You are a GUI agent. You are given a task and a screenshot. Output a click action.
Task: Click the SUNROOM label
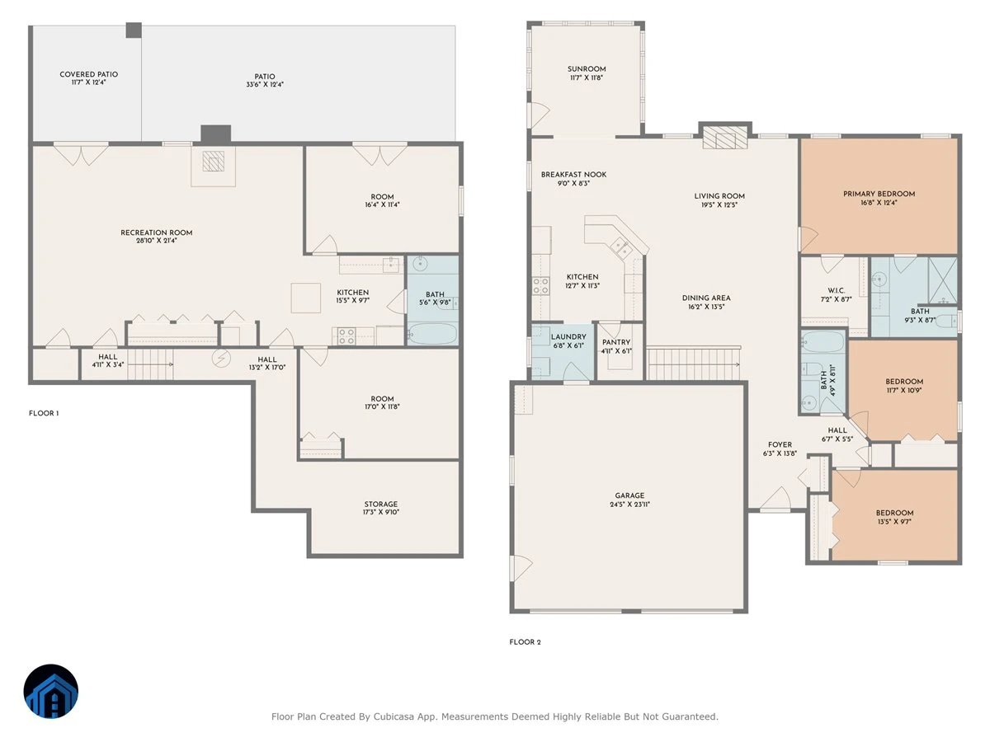click(x=587, y=69)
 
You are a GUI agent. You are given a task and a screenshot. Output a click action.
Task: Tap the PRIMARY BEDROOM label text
click(x=879, y=195)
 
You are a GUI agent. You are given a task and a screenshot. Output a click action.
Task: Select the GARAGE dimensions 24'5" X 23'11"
click(x=629, y=505)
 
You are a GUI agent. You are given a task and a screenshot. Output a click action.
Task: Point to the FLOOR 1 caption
click(x=44, y=413)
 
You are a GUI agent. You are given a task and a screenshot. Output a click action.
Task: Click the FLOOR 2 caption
click(x=525, y=642)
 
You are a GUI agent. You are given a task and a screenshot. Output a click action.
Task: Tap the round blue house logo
click(x=51, y=691)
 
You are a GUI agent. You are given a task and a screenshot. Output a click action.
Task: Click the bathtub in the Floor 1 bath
click(x=432, y=334)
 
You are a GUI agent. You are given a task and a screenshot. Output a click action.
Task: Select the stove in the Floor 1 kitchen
click(x=346, y=336)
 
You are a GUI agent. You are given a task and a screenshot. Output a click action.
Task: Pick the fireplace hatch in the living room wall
click(x=725, y=138)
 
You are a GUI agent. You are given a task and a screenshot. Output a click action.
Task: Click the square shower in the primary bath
click(x=943, y=275)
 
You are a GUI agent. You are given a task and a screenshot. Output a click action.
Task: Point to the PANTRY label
click(x=616, y=342)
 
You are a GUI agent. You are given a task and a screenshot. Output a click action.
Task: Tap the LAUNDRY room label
click(x=568, y=337)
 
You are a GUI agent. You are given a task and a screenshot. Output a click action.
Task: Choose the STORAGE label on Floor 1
click(x=381, y=504)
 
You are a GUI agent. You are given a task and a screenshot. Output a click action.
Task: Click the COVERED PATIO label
click(x=89, y=74)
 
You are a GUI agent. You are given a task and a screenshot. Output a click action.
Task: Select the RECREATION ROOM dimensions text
click(x=157, y=241)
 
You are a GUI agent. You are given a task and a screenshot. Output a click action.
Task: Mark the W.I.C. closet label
click(x=837, y=290)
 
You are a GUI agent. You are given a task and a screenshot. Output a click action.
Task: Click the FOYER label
click(x=780, y=444)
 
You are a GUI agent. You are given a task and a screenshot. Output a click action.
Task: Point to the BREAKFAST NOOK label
click(x=573, y=174)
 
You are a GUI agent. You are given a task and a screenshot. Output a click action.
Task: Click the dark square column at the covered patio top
click(x=134, y=31)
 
